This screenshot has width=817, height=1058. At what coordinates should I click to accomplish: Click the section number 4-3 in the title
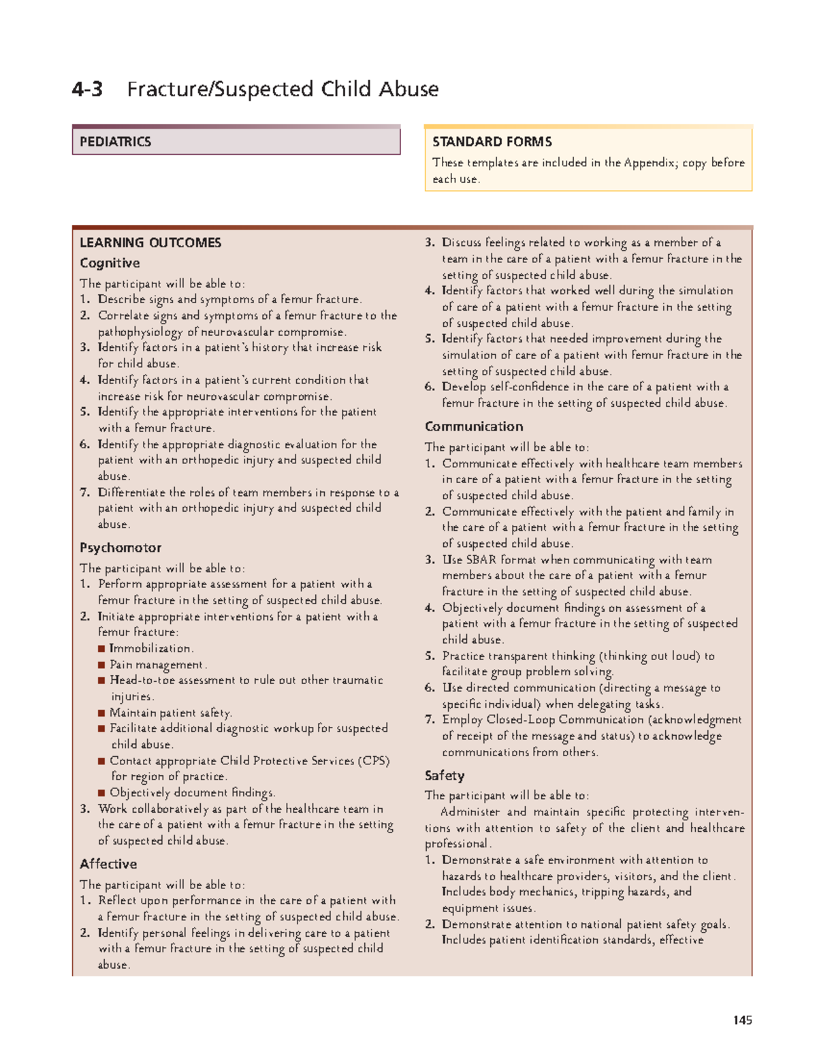click(88, 89)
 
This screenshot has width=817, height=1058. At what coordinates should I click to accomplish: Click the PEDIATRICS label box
click(236, 142)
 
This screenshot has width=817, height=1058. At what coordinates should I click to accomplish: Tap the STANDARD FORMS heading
click(492, 142)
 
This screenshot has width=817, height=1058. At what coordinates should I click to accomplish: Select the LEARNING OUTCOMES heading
click(150, 243)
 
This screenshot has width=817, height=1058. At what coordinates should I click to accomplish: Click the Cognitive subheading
click(110, 263)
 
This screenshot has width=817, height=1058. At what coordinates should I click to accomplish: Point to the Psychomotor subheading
click(121, 548)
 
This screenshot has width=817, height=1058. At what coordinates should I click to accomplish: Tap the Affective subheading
click(108, 864)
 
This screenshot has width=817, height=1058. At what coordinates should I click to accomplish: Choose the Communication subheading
click(474, 426)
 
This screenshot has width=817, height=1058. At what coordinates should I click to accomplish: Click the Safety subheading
click(445, 775)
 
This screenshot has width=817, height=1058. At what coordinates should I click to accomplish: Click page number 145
click(742, 1020)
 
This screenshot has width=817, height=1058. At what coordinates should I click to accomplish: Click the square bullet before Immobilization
click(101, 649)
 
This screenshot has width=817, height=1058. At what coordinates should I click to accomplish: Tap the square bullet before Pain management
click(101, 665)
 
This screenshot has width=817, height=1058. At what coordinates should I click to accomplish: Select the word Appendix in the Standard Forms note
click(647, 163)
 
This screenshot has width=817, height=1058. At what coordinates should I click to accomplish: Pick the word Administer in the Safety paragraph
click(470, 812)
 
